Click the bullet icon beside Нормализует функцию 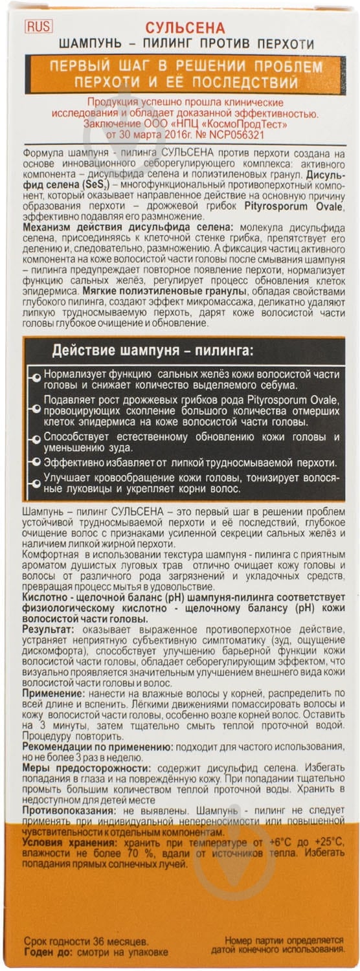point(36,375)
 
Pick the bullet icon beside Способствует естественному point(36,438)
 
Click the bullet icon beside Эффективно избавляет point(36,462)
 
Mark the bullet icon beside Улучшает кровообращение point(36,478)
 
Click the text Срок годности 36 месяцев point(85,940)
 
